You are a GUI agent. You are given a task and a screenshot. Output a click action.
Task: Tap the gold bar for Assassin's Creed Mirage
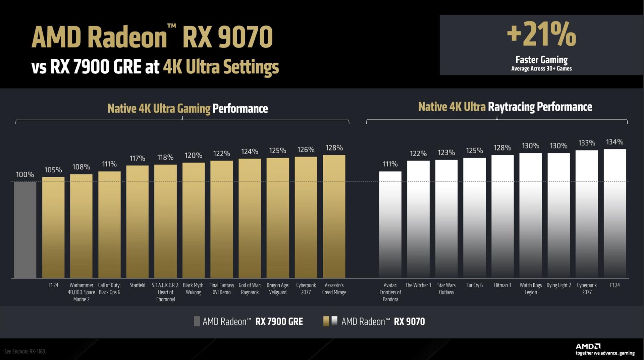tap(334, 216)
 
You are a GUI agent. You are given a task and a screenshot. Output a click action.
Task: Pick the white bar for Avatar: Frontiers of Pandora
tap(390, 225)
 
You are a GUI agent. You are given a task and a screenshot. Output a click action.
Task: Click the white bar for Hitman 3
tap(502, 216)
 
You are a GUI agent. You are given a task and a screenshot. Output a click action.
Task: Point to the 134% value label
tap(614, 142)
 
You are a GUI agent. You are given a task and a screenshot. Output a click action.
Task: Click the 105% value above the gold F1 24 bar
tap(53, 170)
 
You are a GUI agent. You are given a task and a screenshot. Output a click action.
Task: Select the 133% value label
tap(587, 143)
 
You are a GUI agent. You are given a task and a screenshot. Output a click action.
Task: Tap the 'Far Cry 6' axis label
tap(474, 285)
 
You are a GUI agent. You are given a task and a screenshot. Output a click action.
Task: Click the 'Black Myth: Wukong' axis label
tap(194, 289)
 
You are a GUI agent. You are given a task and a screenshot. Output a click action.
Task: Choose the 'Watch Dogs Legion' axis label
tap(531, 289)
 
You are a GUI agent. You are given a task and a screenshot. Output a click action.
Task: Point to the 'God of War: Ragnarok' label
tap(250, 289)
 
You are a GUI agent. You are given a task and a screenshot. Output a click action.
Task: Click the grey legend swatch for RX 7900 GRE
tap(197, 321)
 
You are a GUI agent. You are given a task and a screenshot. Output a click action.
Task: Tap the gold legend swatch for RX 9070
tap(326, 321)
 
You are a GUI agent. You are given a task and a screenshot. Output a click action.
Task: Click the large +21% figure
tap(541, 34)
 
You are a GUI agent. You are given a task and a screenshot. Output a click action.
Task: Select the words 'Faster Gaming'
tap(541, 60)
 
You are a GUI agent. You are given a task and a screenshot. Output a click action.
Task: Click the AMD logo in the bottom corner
tap(588, 346)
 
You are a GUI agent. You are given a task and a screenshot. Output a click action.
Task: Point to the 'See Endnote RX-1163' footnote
tap(25, 352)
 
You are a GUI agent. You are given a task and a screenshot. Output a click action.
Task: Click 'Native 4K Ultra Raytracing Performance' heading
tap(505, 107)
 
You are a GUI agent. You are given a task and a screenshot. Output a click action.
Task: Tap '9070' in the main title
tap(245, 37)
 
